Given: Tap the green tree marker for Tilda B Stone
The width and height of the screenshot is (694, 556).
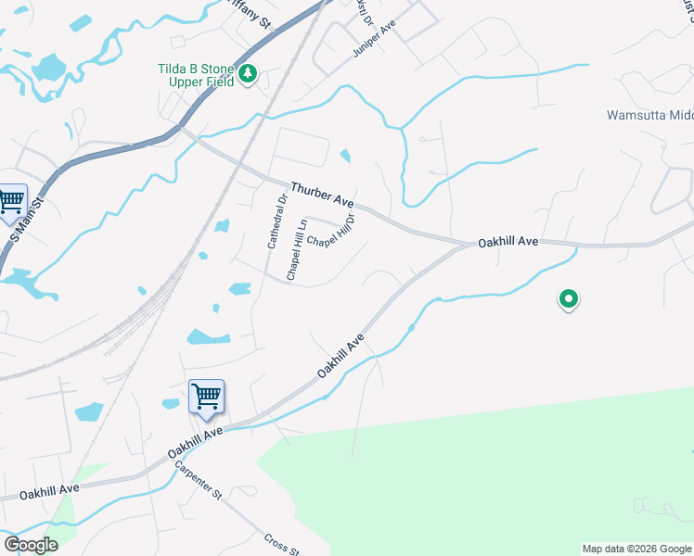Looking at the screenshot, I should click(x=248, y=74).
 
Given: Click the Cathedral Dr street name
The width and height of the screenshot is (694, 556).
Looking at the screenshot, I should click(x=274, y=221).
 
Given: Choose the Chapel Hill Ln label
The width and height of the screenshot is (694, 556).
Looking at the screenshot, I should click(x=296, y=250).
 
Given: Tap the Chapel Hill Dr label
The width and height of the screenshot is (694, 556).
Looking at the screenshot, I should click(x=332, y=232).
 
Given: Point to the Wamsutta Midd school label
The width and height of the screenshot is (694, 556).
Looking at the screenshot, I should click(x=649, y=116).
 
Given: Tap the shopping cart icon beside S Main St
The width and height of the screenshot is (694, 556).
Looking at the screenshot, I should click(x=11, y=200).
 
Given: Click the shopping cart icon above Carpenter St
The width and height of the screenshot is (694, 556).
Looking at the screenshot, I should click(x=206, y=396).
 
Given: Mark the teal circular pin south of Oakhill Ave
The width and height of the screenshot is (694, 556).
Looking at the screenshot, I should click(x=568, y=299).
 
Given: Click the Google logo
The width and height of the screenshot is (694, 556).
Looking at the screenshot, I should click(x=31, y=545).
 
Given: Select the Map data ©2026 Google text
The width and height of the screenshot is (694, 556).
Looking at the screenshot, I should click(x=636, y=549).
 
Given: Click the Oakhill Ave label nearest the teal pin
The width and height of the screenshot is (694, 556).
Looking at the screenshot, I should click(x=508, y=241).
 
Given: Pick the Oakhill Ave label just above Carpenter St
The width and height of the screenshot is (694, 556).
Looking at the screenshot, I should click(x=196, y=445).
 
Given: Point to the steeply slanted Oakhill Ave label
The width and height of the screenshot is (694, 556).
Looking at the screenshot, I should click(x=339, y=357).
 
